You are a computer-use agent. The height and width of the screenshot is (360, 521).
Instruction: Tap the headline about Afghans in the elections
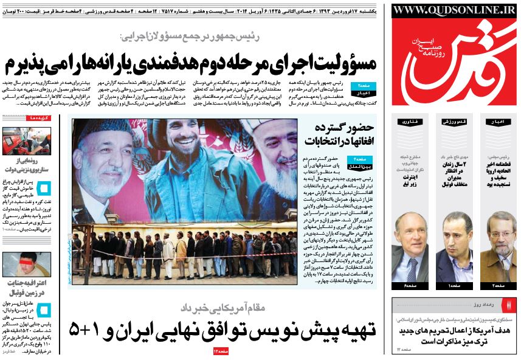(343, 137)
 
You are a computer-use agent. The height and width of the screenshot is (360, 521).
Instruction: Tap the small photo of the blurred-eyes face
(26, 264)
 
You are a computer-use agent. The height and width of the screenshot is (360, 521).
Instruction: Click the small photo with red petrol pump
(26, 140)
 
